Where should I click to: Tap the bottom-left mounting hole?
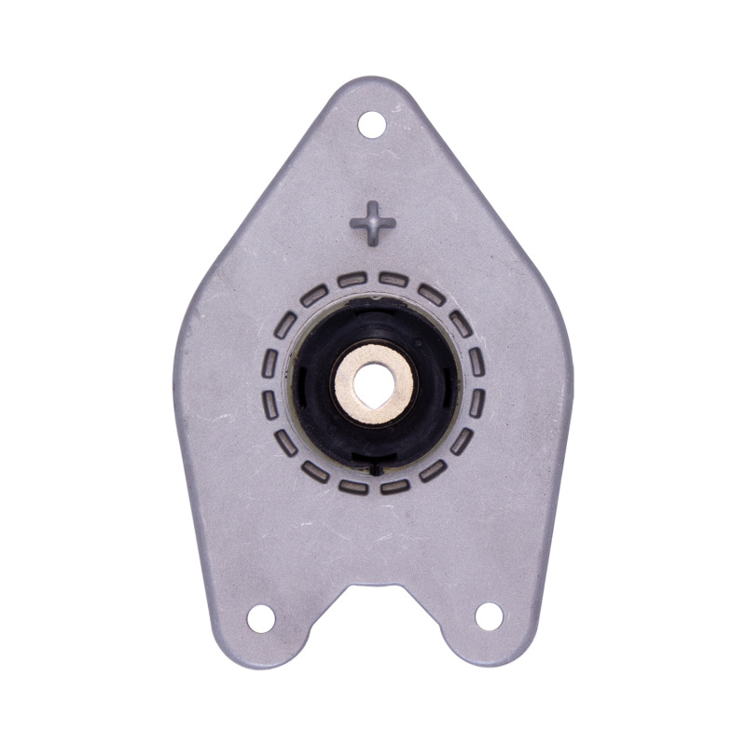(261, 616)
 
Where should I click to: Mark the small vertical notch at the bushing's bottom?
(374, 464)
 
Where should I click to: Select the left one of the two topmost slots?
(352, 279)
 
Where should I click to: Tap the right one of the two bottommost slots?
(394, 486)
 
